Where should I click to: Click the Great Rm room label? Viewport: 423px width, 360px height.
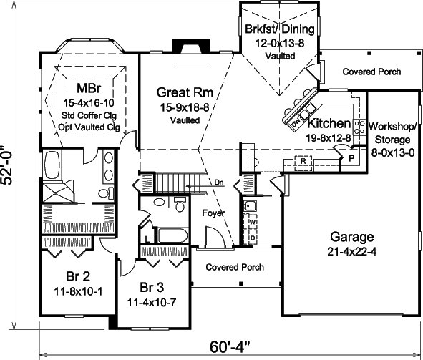(185, 92)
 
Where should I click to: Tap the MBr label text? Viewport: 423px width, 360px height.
(89, 88)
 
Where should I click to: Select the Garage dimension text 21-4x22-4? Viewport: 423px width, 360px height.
(352, 251)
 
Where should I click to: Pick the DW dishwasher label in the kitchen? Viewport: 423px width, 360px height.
(296, 124)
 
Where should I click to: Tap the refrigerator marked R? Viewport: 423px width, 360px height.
(303, 161)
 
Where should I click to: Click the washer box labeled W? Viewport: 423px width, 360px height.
(253, 222)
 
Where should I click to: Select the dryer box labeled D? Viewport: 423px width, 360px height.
(253, 238)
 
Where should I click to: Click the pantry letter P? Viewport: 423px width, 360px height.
(351, 158)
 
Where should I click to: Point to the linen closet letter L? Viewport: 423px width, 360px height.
(147, 239)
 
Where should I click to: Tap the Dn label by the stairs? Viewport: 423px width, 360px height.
(219, 183)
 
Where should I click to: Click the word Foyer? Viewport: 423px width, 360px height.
(213, 213)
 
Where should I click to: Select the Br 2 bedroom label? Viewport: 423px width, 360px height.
(78, 276)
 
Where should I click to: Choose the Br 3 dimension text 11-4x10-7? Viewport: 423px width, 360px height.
(152, 302)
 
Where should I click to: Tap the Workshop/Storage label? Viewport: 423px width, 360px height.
(392, 132)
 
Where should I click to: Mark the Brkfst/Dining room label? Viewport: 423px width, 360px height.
(280, 29)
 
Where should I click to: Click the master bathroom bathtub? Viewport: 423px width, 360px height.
(52, 165)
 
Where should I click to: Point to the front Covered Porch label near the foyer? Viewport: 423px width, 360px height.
(235, 267)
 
